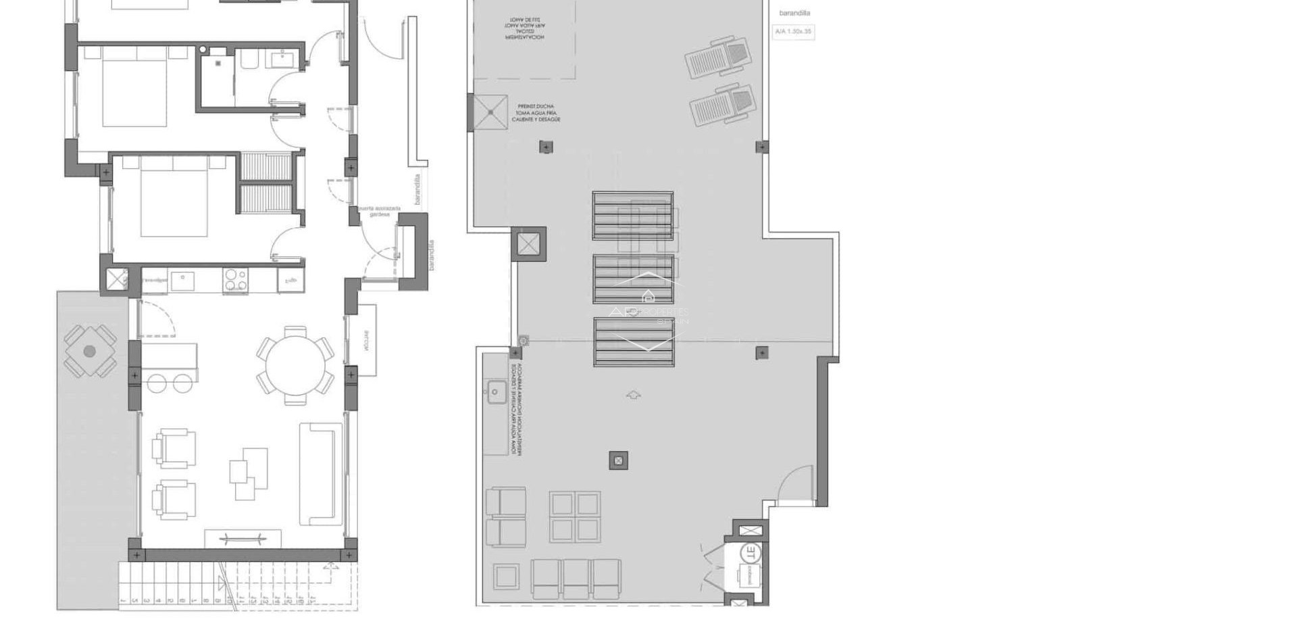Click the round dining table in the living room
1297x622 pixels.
(295, 366)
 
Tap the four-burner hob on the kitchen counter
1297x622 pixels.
(235, 280)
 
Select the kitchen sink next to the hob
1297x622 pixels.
(182, 280)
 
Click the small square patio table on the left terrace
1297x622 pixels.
(90, 352)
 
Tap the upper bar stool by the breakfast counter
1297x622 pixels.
(157, 383)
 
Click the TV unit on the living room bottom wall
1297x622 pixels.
(243, 539)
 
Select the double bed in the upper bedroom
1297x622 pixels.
(135, 87)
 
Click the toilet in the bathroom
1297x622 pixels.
(249, 62)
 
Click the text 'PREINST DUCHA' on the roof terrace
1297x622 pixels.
(536, 106)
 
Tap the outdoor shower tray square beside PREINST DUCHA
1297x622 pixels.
(490, 112)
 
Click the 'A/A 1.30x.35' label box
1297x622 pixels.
(793, 32)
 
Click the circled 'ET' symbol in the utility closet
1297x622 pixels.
(751, 552)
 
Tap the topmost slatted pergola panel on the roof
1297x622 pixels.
(633, 216)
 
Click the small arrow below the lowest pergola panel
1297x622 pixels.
(634, 395)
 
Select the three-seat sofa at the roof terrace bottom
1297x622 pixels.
(576, 579)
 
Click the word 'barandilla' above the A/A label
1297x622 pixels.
(794, 13)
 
